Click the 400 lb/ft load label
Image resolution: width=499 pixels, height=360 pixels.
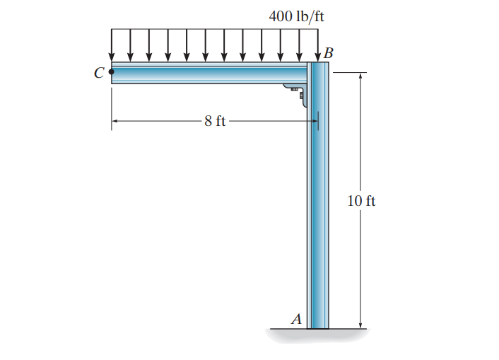tap(296, 16)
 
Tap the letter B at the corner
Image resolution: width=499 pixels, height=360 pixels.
tap(329, 53)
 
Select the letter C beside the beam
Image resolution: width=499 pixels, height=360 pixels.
tap(99, 73)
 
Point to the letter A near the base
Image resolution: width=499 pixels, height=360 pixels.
tap(296, 318)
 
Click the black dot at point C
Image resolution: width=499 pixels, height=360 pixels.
tap(112, 71)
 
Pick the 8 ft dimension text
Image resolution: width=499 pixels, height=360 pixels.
tap(215, 121)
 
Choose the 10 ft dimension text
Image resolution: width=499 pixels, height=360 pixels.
tap(361, 201)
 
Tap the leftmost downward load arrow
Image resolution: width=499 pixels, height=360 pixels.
tap(112, 45)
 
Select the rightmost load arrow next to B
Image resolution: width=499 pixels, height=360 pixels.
tap(317, 45)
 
